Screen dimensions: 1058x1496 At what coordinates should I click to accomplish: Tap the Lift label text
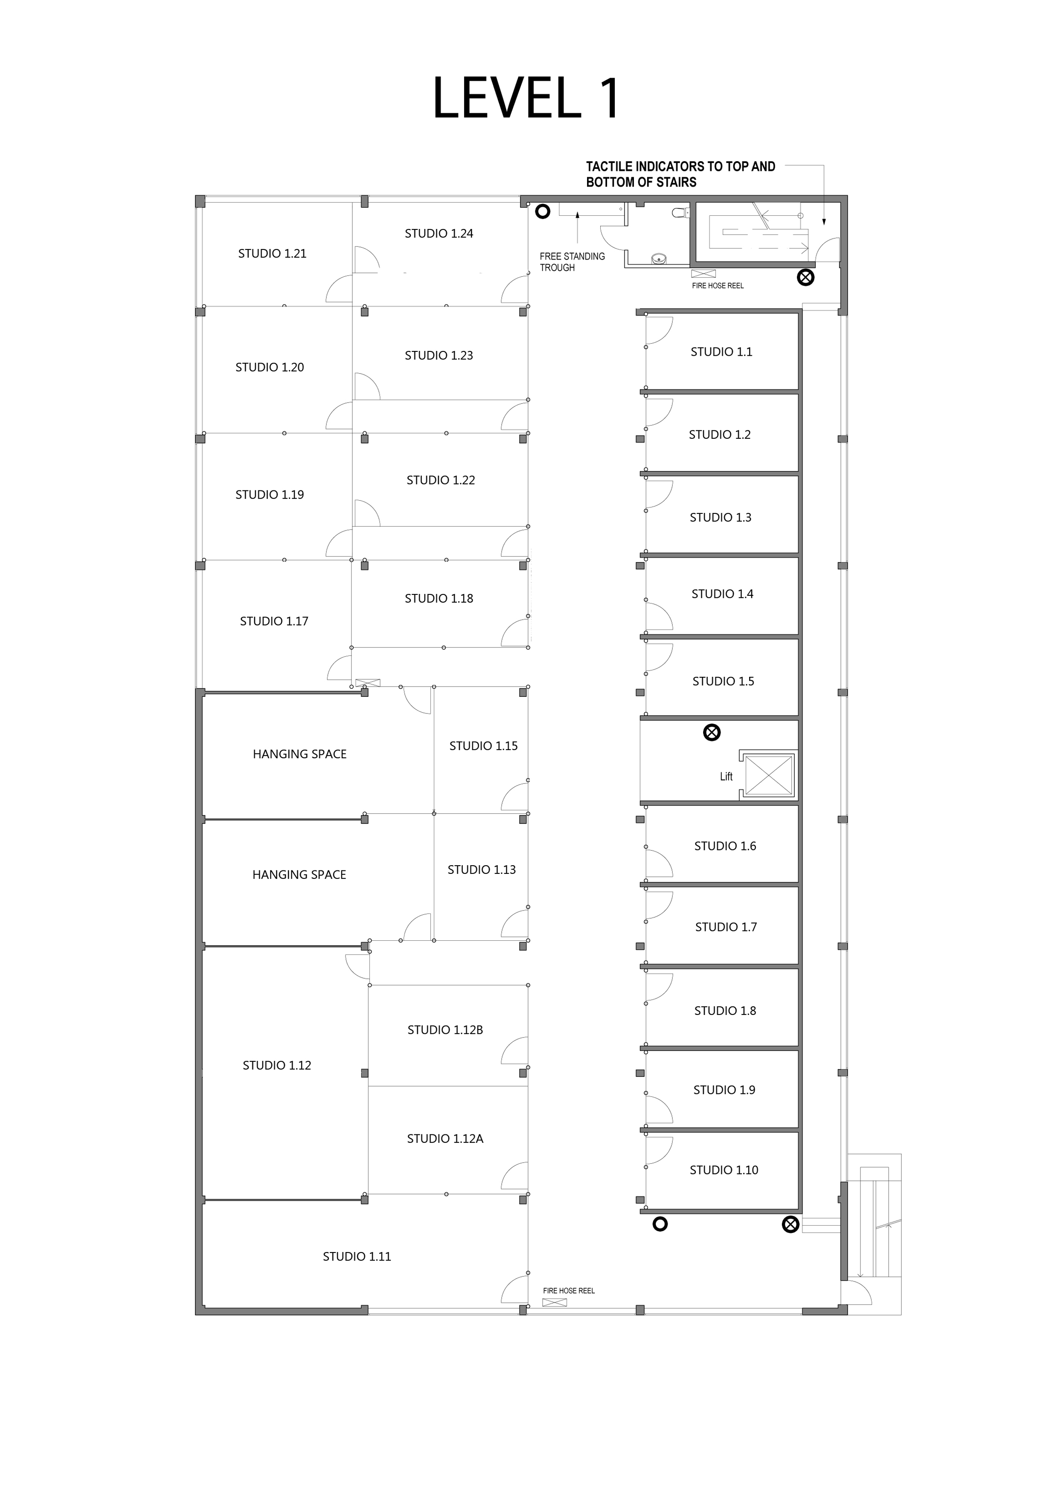click(726, 777)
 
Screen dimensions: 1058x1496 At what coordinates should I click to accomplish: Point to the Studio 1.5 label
click(723, 681)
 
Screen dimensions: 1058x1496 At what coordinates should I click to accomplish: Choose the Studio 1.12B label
click(445, 1030)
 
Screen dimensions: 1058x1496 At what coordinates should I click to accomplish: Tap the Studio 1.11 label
click(357, 1257)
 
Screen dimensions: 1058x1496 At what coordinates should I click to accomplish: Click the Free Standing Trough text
click(572, 262)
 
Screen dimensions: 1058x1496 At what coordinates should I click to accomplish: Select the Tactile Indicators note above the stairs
click(680, 174)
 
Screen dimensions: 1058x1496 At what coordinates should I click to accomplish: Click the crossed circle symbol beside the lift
click(712, 733)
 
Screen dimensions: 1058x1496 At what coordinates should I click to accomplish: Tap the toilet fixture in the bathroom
click(680, 212)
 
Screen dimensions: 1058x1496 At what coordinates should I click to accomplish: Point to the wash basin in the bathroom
click(660, 259)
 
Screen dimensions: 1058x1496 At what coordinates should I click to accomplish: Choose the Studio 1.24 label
click(439, 233)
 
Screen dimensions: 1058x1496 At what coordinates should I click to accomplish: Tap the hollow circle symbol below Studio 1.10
click(660, 1224)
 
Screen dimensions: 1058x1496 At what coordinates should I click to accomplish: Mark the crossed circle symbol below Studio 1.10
click(790, 1225)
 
